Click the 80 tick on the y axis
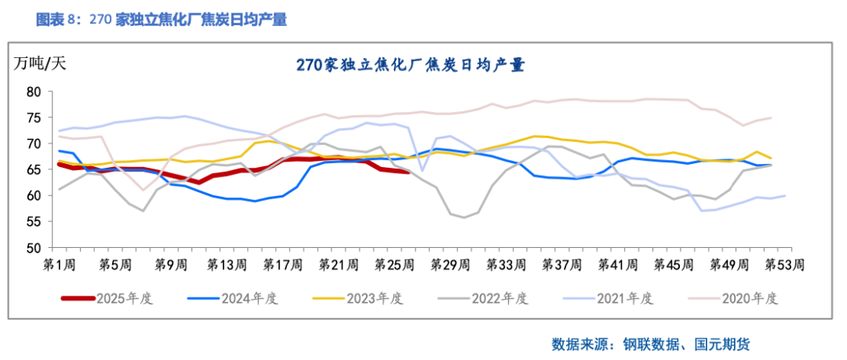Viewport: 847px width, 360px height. pos(33,92)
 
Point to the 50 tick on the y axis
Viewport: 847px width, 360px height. pos(33,248)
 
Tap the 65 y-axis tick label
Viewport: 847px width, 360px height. pos(33,169)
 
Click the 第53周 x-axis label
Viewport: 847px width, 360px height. pos(784,265)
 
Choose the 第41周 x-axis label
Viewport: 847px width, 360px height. pos(617,265)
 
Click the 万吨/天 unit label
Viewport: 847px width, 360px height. pos(40,64)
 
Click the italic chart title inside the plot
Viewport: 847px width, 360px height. pos(410,65)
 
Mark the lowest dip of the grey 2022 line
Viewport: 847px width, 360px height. pos(463,217)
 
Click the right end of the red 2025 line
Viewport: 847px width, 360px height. pos(407,171)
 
